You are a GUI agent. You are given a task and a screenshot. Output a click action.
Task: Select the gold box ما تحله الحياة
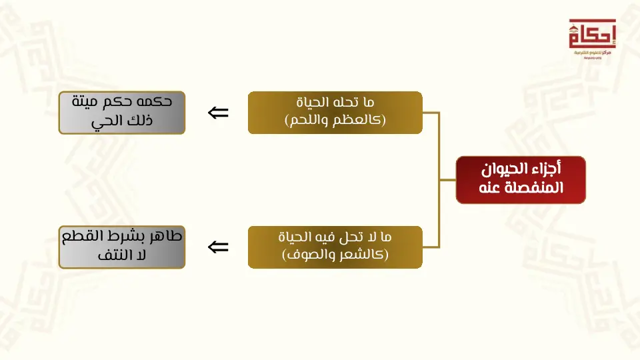coord(335,113)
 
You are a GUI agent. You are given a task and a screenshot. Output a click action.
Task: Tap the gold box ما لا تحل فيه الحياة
coord(335,247)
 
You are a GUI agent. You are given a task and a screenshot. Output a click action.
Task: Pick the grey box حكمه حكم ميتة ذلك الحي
coord(121,113)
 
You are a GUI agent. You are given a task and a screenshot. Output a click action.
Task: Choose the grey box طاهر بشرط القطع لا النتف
coord(121,247)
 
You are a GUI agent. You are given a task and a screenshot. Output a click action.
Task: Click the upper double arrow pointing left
coord(218,113)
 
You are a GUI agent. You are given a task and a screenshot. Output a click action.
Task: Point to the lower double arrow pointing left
coord(218,247)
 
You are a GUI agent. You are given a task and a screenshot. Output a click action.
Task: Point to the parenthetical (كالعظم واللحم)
coord(335,121)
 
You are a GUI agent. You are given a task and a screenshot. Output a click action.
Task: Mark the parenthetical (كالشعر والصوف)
coord(335,255)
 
